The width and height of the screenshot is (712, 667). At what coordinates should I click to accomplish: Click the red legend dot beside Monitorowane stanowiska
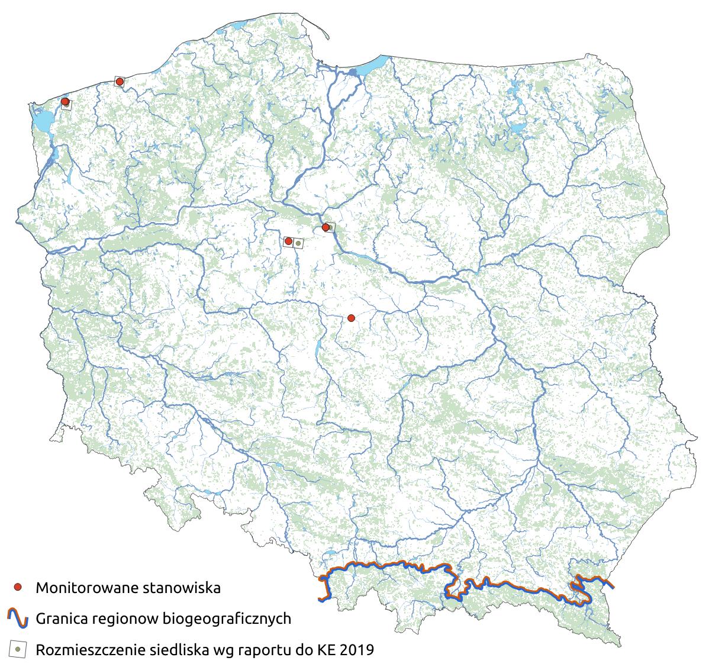coord(18,587)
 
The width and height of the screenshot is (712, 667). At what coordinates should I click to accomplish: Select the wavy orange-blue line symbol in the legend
coord(18,618)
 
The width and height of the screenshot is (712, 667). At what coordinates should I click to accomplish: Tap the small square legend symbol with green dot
coord(18,649)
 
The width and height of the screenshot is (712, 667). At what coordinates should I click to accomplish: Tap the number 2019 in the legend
coord(357,650)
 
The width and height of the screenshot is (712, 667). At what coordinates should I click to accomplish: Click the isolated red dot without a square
coord(351,318)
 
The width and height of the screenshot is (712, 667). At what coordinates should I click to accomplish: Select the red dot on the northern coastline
coord(120,81)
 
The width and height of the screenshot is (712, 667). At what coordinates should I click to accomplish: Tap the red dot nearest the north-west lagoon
coord(65,102)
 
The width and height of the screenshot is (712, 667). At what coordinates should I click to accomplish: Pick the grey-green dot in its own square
coord(299,243)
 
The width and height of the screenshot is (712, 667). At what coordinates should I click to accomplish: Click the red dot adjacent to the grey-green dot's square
coord(288,241)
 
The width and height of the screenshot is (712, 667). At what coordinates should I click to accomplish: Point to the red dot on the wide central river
coord(325,227)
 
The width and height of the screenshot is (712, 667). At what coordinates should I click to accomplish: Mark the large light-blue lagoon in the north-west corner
coord(41,122)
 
